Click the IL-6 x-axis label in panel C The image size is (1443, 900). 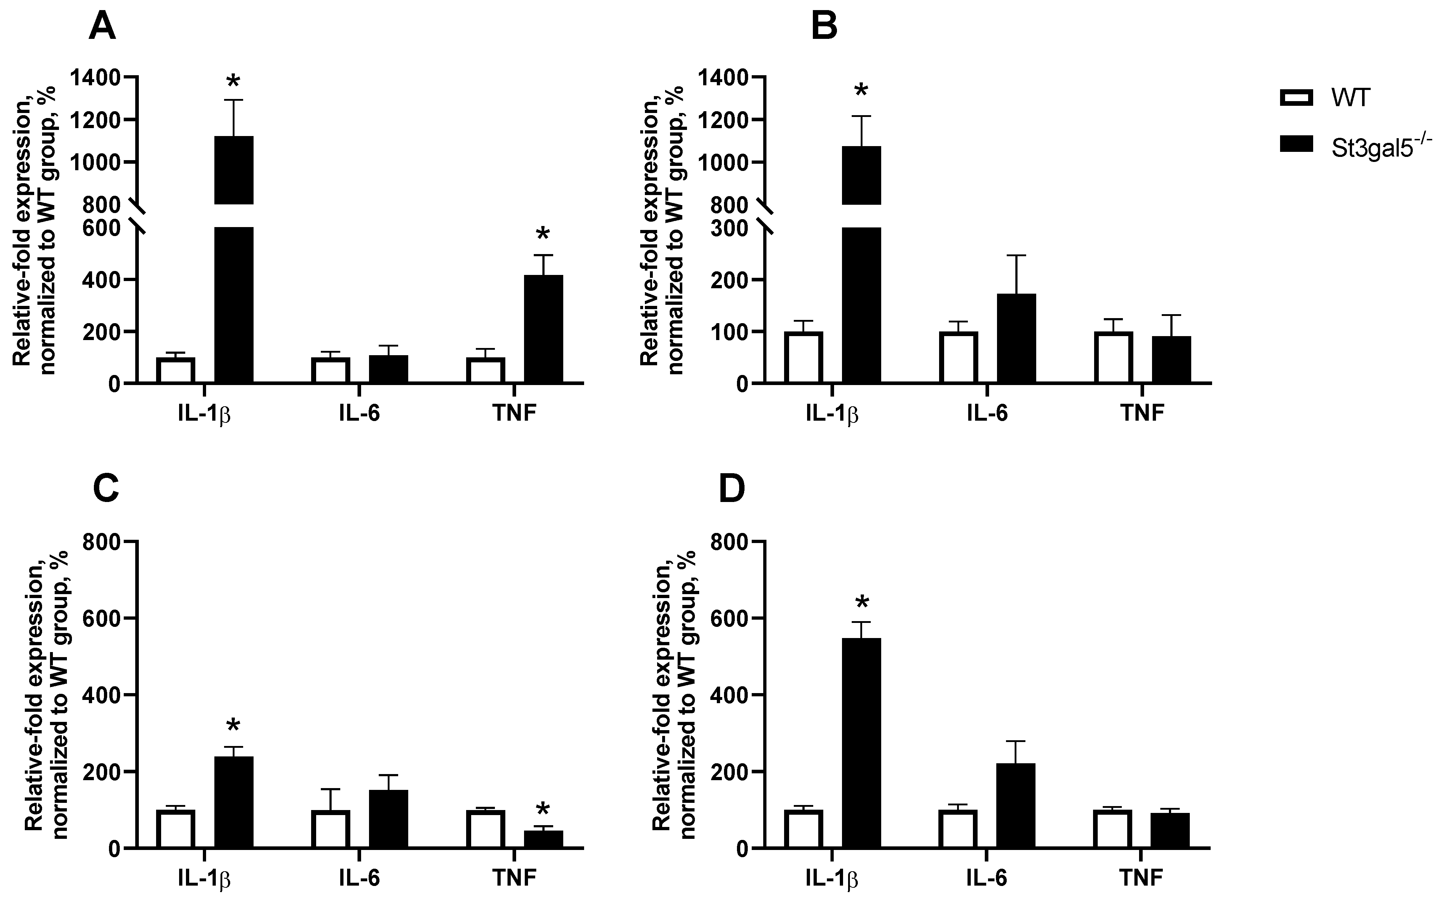[x=359, y=877]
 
